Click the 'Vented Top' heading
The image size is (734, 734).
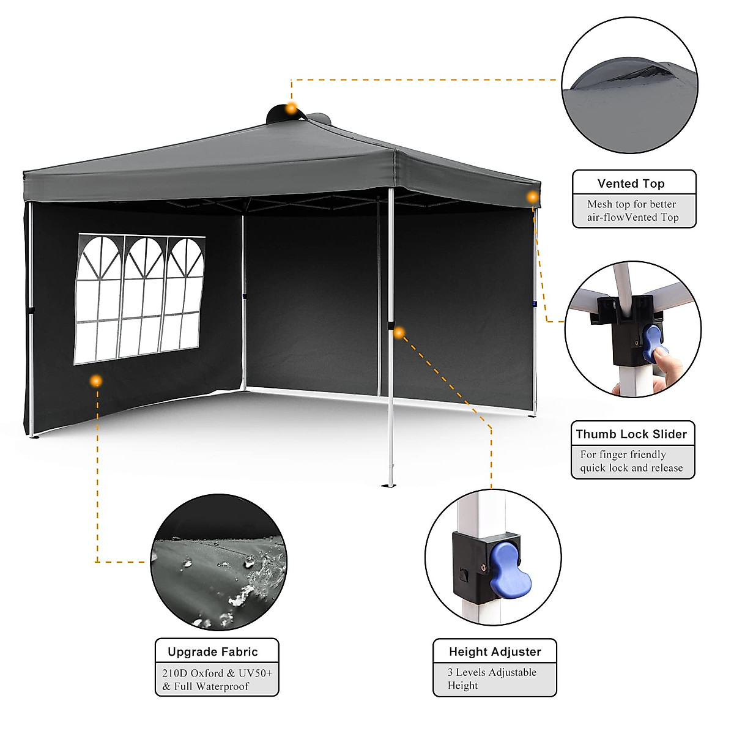[x=631, y=183]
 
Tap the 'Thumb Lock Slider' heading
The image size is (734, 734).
[x=631, y=434]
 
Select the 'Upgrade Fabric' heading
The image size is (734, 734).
[x=213, y=652]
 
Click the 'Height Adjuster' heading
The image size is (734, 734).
[x=495, y=652]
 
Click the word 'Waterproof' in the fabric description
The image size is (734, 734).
[x=222, y=686]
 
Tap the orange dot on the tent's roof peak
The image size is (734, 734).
[x=292, y=108]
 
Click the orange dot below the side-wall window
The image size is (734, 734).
[x=95, y=381]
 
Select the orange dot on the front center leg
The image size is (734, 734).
[x=399, y=333]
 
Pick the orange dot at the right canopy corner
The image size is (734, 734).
[x=533, y=197]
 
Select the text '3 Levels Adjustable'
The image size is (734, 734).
[x=492, y=672]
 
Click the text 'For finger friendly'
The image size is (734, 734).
[x=623, y=454]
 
